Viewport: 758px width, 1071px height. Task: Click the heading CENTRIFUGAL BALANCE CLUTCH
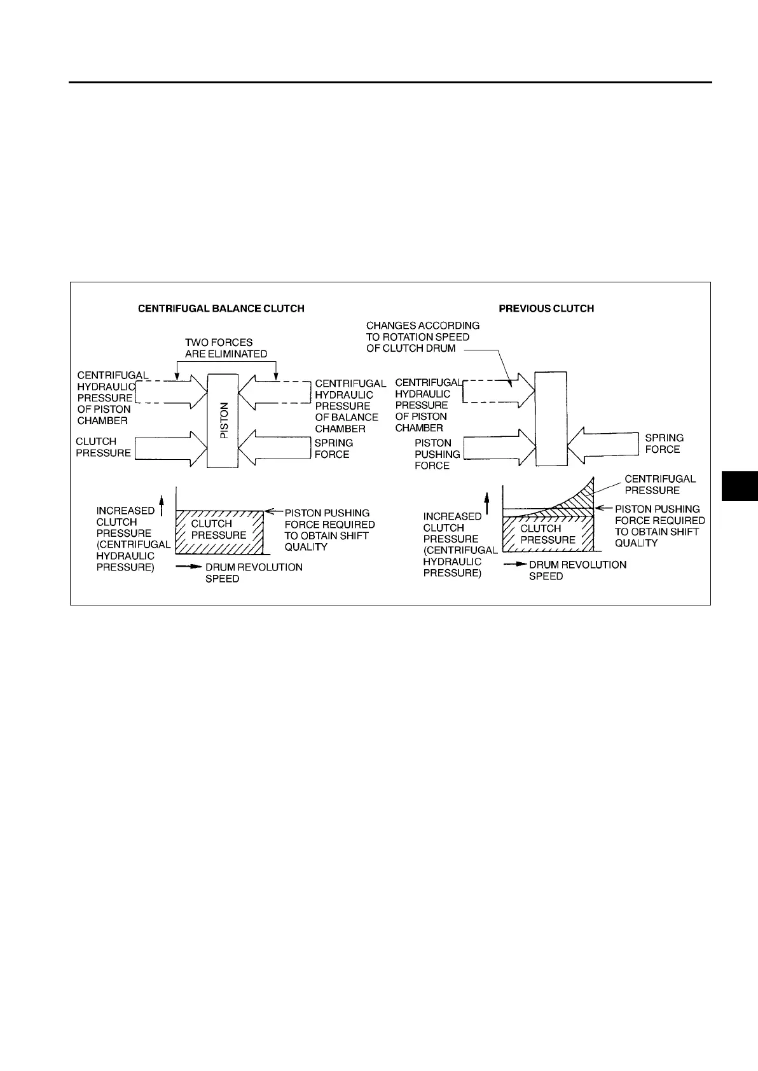click(221, 308)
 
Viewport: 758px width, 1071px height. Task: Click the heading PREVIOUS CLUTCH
click(546, 308)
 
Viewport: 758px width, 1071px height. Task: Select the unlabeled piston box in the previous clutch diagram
click(551, 420)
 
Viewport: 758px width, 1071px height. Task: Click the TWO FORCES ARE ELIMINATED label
click(226, 348)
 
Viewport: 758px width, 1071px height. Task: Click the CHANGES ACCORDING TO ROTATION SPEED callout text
click(422, 336)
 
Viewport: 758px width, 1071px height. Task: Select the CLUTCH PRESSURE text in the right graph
click(548, 534)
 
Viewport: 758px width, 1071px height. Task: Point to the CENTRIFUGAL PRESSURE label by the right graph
click(660, 485)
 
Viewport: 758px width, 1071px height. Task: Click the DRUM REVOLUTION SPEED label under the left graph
click(254, 572)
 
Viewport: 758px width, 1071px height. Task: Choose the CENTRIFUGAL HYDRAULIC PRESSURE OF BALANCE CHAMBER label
click(350, 406)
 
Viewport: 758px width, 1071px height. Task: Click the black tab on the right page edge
click(740, 487)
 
